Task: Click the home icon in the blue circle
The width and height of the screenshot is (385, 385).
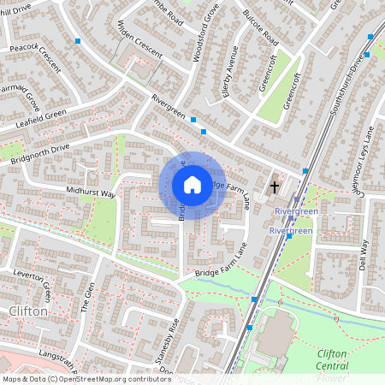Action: click(192, 185)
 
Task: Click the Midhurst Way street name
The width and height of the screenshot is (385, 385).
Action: click(90, 192)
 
